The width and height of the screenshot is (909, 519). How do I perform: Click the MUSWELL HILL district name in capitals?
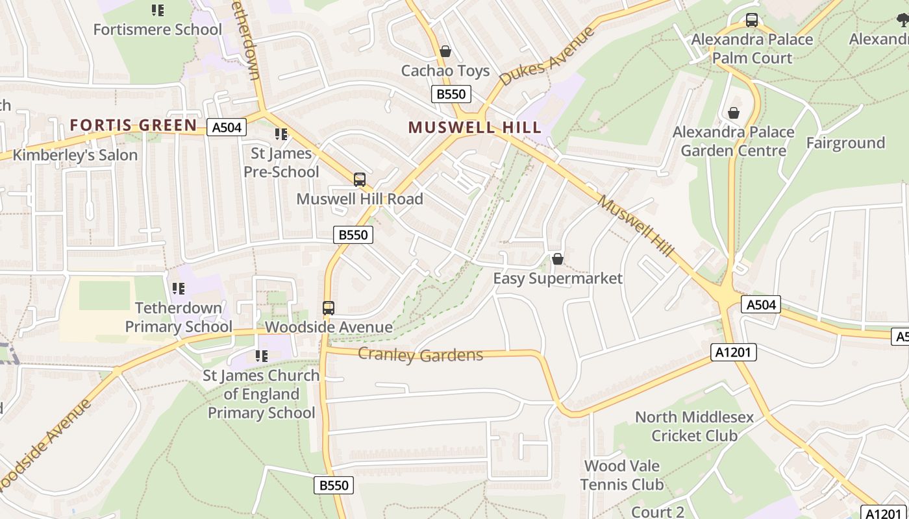pos(475,127)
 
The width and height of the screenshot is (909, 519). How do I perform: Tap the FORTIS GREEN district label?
pos(133,125)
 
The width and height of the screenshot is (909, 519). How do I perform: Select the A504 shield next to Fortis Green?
pos(227,127)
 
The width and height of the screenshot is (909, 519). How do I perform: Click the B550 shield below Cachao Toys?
pos(451,94)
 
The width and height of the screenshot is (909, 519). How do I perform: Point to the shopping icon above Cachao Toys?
pos(445,51)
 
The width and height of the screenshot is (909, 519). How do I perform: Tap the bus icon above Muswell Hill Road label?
pos(359,180)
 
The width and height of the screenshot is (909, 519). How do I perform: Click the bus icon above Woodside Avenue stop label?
pos(329,308)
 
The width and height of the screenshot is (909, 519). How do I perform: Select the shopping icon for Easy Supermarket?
pos(557,259)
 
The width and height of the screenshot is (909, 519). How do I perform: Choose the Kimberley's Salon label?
pos(75,155)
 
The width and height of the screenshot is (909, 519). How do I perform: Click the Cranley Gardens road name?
pos(420,355)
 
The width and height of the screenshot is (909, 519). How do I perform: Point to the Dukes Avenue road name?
pos(547,57)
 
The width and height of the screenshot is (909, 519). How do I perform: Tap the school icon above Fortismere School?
pos(157,10)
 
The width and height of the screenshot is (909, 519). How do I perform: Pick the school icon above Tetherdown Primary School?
pos(178,288)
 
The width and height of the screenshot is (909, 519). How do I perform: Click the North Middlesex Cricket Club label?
pos(694,426)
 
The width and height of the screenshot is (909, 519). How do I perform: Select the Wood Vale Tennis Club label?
pos(622,475)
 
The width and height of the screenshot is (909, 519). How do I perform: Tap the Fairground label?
pos(845,143)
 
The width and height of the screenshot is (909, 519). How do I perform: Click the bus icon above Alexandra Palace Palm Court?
pos(752,20)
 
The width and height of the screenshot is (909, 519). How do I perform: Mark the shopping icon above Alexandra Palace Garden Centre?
pos(734,113)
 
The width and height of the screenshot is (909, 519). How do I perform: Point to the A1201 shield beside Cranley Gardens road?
pos(734,352)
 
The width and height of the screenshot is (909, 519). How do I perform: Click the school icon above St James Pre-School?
pos(281,134)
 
